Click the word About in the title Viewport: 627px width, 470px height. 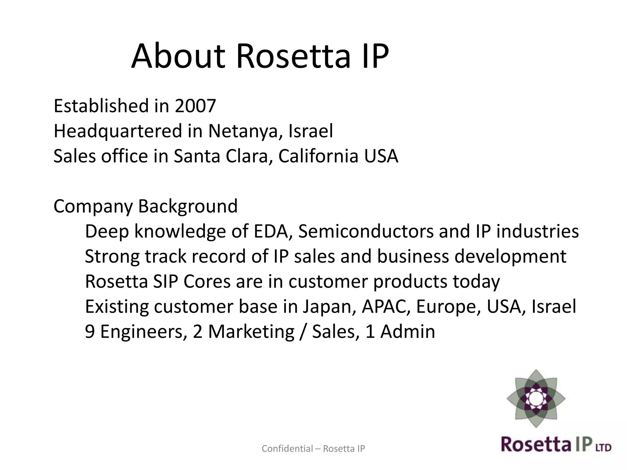pos(178,57)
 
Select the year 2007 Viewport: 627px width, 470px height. pos(195,106)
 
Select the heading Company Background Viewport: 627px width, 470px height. pos(145,206)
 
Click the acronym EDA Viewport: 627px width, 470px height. pos(271,231)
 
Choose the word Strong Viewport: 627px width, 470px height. pos(112,256)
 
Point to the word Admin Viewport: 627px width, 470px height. pos(407,332)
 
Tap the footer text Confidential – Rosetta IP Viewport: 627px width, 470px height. pos(313,449)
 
